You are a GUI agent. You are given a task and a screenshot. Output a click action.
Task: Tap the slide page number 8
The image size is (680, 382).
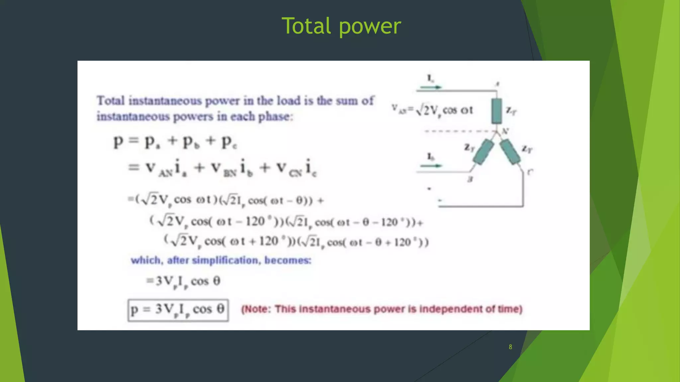coord(510,347)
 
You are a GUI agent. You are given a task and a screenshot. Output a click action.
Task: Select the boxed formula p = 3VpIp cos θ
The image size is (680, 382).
coord(178,310)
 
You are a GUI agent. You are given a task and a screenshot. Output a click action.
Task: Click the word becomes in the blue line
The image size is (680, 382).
coord(288,260)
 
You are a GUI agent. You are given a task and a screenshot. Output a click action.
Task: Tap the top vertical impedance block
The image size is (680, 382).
coord(496,111)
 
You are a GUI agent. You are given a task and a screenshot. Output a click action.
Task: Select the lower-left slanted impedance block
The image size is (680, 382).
coord(483,152)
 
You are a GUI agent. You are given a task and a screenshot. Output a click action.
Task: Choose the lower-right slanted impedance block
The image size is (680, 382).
coord(510,152)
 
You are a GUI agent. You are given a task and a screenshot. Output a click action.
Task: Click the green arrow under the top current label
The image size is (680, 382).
coord(431,87)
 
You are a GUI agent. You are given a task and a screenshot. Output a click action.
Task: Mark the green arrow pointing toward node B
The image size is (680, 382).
coord(431,165)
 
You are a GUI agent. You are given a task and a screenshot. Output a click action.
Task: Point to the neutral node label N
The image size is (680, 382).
coord(505,131)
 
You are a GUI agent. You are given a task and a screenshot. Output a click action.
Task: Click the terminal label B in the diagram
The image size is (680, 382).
coord(470,179)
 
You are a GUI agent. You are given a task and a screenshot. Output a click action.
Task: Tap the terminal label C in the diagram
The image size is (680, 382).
coord(530,172)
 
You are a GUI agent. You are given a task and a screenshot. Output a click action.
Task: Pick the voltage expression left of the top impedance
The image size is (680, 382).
coord(432,110)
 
